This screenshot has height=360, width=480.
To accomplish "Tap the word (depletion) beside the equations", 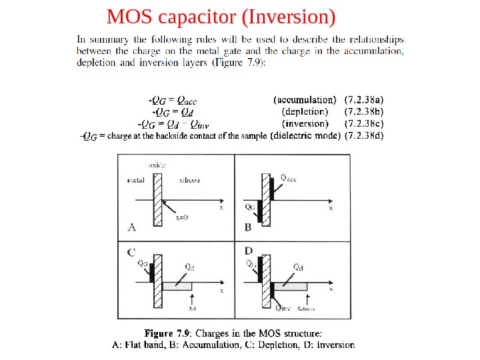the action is pyautogui.click(x=305, y=112).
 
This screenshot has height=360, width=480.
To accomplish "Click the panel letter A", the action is pyautogui.click(x=131, y=227).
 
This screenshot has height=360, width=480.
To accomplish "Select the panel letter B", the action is pyautogui.click(x=247, y=227).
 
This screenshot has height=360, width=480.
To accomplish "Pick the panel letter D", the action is pyautogui.click(x=248, y=251).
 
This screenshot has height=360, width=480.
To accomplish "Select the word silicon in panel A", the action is pyautogui.click(x=190, y=180).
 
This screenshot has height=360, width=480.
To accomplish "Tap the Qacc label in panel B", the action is pyautogui.click(x=289, y=177).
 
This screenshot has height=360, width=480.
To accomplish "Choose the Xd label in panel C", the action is pyautogui.click(x=192, y=309).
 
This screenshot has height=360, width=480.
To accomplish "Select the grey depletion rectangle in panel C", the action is pyautogui.click(x=177, y=286).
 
